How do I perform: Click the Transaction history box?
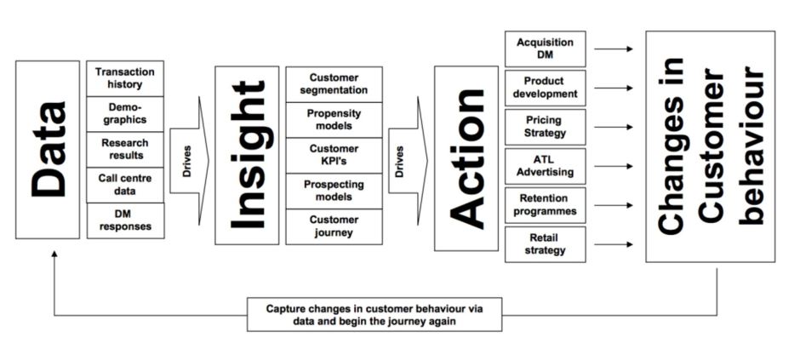point(125,78)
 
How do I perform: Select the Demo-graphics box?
point(125,114)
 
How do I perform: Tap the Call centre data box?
point(125,185)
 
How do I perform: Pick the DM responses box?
point(125,220)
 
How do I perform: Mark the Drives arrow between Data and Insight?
point(189,161)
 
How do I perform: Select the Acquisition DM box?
point(545,49)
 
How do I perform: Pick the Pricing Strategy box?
point(545,127)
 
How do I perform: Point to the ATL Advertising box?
point(545,166)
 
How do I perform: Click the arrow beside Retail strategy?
point(613,245)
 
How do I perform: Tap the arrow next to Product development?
point(613,88)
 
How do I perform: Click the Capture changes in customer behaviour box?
point(374,314)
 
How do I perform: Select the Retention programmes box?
point(545,205)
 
